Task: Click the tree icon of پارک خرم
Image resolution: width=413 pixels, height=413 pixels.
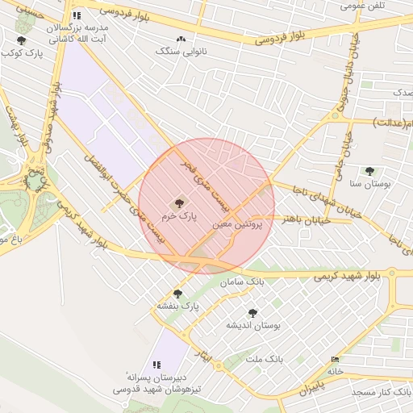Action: [x=178, y=204]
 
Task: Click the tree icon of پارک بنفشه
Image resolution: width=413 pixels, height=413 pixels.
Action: [x=177, y=294]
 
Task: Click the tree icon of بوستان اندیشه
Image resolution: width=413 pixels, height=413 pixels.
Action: [x=252, y=313]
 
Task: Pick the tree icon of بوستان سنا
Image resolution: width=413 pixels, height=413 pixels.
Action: [x=369, y=171]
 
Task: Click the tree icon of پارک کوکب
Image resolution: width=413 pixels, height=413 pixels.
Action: [x=21, y=40]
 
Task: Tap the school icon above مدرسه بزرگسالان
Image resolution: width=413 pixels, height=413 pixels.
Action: [x=76, y=15]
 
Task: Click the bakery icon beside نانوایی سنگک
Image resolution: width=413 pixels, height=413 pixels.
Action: [x=180, y=39]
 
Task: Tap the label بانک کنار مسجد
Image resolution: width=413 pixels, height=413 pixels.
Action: [x=382, y=391]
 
